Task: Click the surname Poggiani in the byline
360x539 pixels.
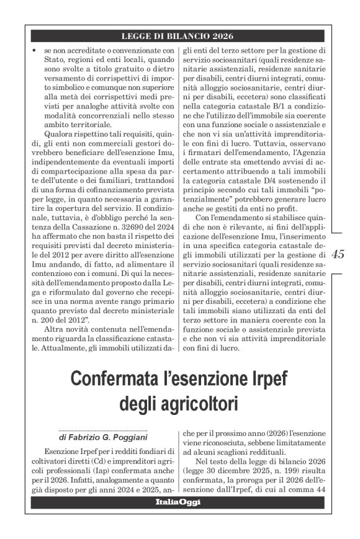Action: coord(123,437)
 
